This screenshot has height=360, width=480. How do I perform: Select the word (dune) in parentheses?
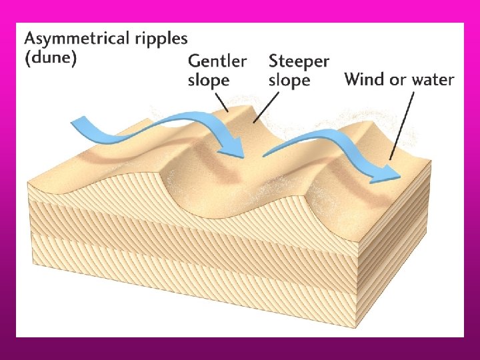[x=52, y=58]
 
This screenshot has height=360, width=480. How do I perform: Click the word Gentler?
[x=217, y=61]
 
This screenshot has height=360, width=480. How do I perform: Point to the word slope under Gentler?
[x=209, y=80]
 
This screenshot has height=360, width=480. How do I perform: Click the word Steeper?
[x=299, y=61]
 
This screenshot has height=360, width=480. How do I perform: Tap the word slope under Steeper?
[x=289, y=80]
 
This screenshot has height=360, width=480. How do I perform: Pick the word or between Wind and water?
[x=397, y=81]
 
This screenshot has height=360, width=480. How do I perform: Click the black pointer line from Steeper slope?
[x=267, y=107]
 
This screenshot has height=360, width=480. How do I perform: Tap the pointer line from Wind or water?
[x=402, y=127]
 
